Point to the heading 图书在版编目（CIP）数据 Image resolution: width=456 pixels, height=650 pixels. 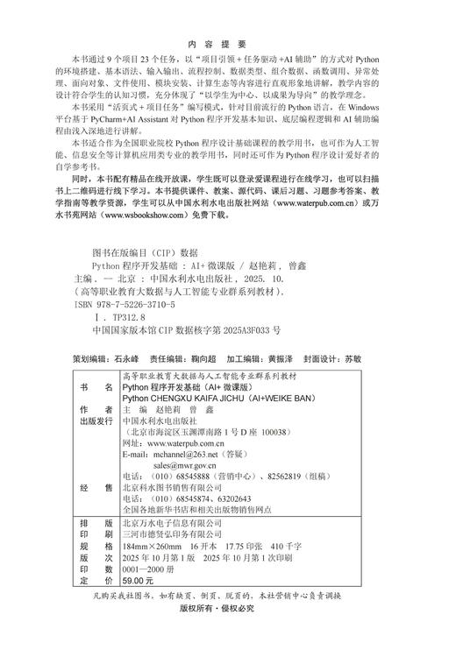click(145, 251)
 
